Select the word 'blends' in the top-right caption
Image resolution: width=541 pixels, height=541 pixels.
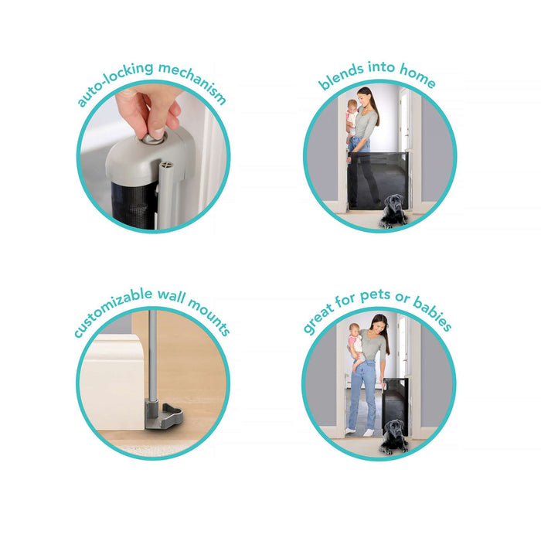click(x=341, y=76)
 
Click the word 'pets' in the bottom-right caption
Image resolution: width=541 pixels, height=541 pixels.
click(x=375, y=296)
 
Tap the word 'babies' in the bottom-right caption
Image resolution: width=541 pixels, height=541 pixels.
click(x=433, y=313)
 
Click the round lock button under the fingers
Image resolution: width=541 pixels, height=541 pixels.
click(x=154, y=138)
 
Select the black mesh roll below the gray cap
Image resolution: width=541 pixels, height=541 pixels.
click(x=134, y=205)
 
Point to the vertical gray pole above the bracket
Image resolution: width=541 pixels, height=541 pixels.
click(x=152, y=356)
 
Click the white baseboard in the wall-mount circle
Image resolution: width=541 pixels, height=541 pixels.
click(x=113, y=381)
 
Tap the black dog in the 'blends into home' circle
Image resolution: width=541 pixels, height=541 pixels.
click(x=393, y=211)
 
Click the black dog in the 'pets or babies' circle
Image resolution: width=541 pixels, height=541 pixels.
click(x=393, y=437)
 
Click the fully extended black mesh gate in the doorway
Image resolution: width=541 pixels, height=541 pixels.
click(x=379, y=180)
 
